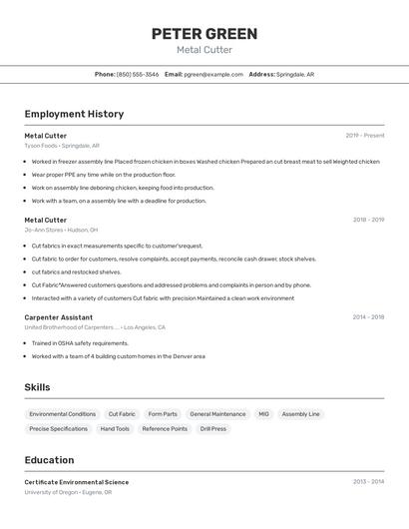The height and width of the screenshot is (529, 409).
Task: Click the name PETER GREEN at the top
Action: [204, 34]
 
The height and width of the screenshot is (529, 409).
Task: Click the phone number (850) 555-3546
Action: [138, 74]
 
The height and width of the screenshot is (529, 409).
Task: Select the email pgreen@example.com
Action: [213, 74]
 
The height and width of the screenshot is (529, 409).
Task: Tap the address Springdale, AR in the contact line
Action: [295, 74]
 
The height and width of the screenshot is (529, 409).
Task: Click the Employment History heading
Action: [74, 114]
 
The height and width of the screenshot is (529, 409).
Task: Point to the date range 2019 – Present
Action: [364, 136]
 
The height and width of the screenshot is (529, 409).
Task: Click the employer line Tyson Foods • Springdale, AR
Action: [62, 146]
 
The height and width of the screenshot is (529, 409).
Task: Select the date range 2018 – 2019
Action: [368, 220]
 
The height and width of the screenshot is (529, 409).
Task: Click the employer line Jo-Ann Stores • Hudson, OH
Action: [62, 230]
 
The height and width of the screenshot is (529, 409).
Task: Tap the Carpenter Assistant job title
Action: [60, 317]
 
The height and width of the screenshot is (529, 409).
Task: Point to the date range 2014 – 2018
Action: [368, 317]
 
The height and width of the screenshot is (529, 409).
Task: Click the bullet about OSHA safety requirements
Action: [80, 343]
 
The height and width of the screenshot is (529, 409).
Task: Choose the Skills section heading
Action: [38, 387]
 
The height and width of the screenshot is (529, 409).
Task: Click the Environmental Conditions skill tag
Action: [62, 414]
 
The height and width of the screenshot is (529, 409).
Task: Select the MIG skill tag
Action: [263, 414]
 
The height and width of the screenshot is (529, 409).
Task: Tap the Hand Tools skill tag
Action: [115, 429]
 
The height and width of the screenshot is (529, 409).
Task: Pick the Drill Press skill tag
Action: [213, 429]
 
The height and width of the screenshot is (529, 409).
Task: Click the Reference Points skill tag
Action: [165, 429]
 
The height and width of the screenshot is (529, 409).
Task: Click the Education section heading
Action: [49, 460]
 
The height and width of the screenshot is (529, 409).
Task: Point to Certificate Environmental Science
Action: [76, 482]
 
